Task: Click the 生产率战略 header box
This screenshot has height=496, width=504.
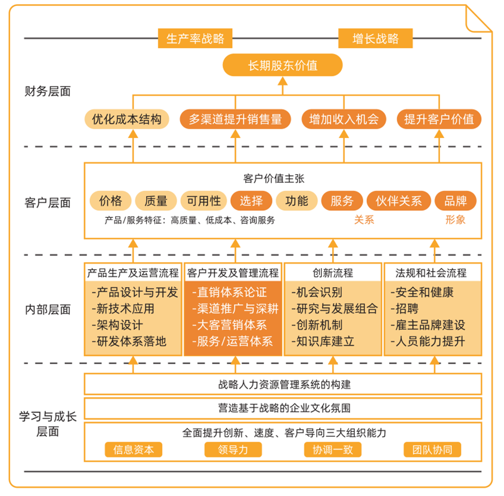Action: tap(195, 39)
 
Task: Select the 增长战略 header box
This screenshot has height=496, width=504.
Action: tap(375, 39)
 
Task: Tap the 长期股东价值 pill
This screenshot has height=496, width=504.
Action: tap(283, 65)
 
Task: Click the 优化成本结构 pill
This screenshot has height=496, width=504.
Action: tap(126, 119)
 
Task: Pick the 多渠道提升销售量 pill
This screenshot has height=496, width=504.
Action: tap(235, 119)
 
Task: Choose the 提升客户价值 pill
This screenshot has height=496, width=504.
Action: tap(439, 119)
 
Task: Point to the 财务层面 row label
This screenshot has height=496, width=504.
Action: tap(48, 91)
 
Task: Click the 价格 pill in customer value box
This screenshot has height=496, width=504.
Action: tap(110, 201)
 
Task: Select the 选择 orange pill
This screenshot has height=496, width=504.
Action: tap(251, 201)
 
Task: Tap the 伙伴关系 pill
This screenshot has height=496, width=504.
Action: tap(398, 201)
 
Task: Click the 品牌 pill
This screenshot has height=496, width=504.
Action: tap(456, 201)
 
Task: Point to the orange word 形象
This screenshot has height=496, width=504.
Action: tap(455, 220)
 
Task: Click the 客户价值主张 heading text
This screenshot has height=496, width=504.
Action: tap(274, 178)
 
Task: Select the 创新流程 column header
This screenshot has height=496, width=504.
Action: tap(333, 273)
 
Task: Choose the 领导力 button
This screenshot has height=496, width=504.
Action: tap(233, 449)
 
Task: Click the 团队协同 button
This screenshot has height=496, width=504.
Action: tap(432, 449)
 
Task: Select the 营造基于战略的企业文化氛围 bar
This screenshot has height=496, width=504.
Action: tap(283, 408)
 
